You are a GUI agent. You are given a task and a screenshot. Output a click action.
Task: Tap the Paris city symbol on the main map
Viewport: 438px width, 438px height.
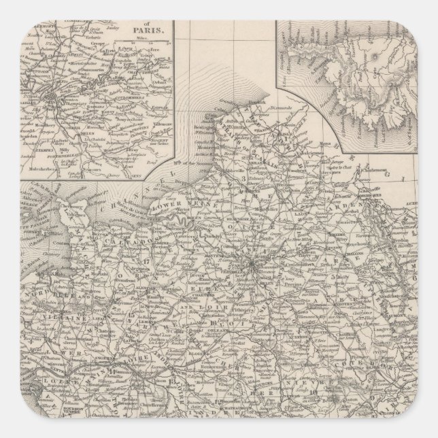[x=252, y=262]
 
